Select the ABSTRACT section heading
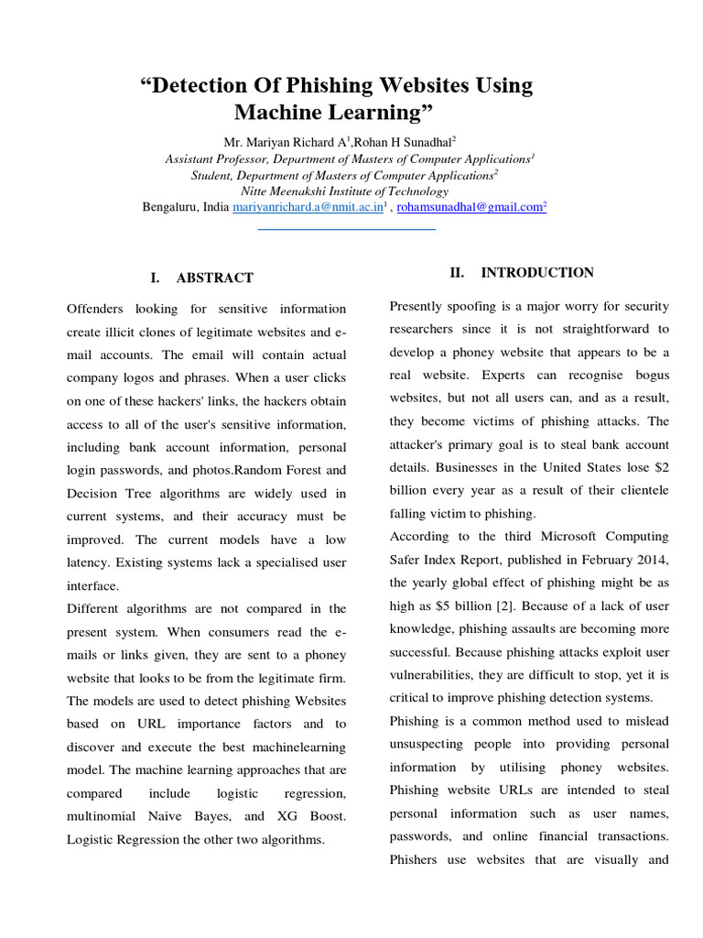click(x=214, y=278)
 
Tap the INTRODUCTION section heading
click(x=537, y=273)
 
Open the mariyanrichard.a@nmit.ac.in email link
click(x=306, y=208)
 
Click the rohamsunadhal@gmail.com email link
click(x=470, y=208)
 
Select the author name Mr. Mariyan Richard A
click(x=282, y=141)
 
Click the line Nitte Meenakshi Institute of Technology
click(x=344, y=191)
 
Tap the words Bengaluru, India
click(x=185, y=208)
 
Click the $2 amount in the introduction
click(x=661, y=467)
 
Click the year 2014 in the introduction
click(x=654, y=560)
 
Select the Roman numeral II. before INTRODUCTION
click(x=458, y=273)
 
